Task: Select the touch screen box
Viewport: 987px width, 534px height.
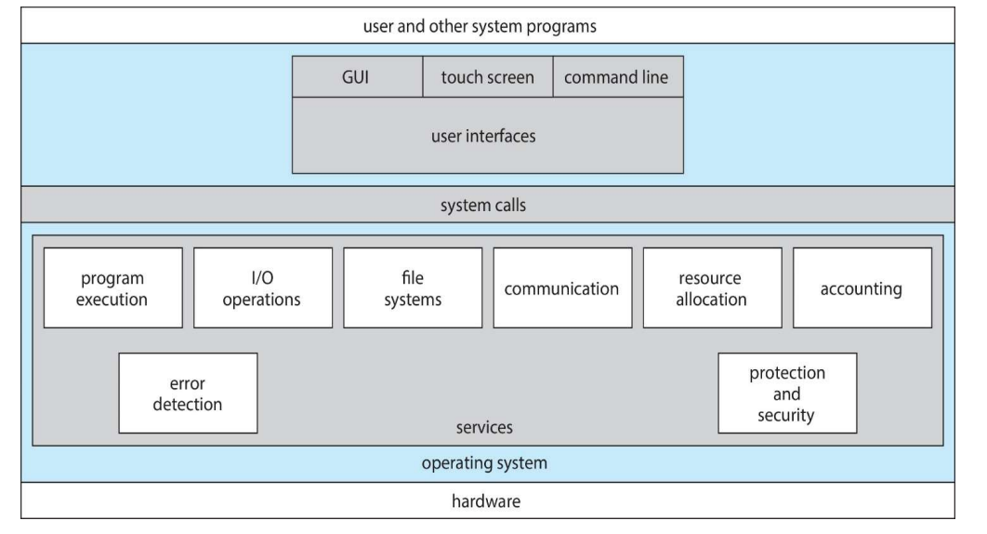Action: point(488,77)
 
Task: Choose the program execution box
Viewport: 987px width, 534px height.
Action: point(112,287)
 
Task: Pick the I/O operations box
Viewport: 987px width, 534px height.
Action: point(262,287)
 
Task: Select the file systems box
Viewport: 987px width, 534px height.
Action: point(413,287)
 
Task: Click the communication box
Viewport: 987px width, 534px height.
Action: point(561,288)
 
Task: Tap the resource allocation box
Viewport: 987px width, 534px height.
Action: point(712,287)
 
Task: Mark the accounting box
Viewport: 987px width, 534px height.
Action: point(862,288)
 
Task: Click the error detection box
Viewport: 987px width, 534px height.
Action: point(189,393)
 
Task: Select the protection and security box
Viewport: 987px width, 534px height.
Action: point(787,393)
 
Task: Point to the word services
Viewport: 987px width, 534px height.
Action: point(484,429)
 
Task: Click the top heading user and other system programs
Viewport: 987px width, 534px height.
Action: point(492,26)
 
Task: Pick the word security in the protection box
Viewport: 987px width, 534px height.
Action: point(787,415)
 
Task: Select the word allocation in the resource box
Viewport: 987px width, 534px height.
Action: point(712,300)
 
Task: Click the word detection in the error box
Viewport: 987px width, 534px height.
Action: point(189,404)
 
